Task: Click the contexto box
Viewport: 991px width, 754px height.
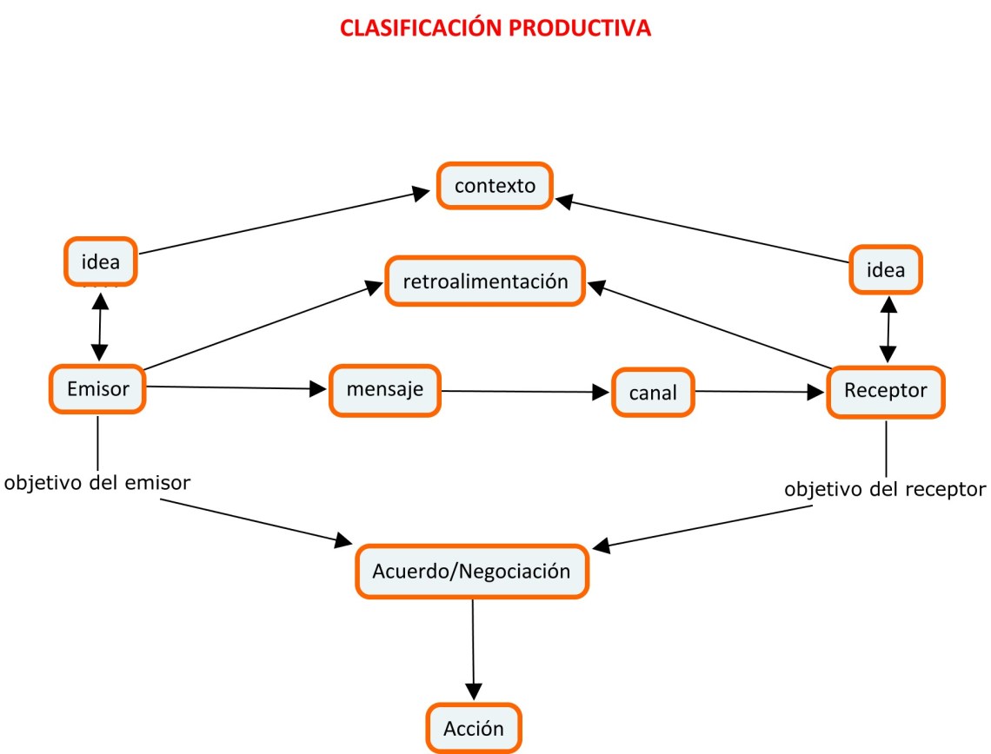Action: pyautogui.click(x=495, y=185)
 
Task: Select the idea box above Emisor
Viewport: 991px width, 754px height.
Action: pyautogui.click(x=100, y=261)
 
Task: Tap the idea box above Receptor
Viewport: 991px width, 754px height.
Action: pyautogui.click(x=886, y=269)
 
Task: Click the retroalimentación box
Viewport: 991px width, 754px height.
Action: pyautogui.click(x=485, y=281)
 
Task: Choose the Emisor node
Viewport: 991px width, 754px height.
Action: pyautogui.click(x=97, y=389)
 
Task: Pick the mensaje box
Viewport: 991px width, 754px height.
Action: pyautogui.click(x=384, y=389)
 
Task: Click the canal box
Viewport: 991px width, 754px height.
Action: pyautogui.click(x=653, y=393)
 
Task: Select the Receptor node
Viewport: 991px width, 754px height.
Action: pyautogui.click(x=885, y=392)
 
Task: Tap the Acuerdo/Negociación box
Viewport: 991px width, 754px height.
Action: pyautogui.click(x=471, y=572)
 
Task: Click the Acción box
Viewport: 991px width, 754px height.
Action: pyautogui.click(x=473, y=728)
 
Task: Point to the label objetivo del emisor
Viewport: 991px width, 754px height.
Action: pyautogui.click(x=97, y=483)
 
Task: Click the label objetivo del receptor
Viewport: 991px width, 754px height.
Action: pyautogui.click(x=885, y=489)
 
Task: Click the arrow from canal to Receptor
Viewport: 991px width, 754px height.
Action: pyautogui.click(x=761, y=392)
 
